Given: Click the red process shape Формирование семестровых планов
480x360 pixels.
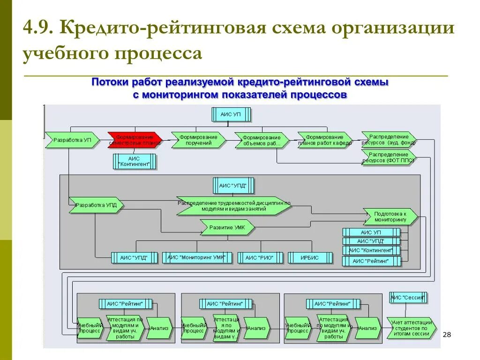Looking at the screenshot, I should [135, 140].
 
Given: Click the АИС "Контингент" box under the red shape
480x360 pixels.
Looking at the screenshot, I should [135, 162].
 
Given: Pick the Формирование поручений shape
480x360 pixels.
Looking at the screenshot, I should [199, 140].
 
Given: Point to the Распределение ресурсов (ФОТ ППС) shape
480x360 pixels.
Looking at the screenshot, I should [389, 157].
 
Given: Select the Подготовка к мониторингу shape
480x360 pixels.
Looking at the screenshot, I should [390, 216].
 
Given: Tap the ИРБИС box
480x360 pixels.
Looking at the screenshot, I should [310, 257].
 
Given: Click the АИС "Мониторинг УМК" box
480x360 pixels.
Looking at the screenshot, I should [197, 257].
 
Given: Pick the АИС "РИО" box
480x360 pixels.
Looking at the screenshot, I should [261, 257].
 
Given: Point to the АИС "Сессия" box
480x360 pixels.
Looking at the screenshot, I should [408, 297].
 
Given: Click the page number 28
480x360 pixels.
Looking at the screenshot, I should [447, 334].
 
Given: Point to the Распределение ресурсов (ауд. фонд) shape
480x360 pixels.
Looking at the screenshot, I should [389, 139].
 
